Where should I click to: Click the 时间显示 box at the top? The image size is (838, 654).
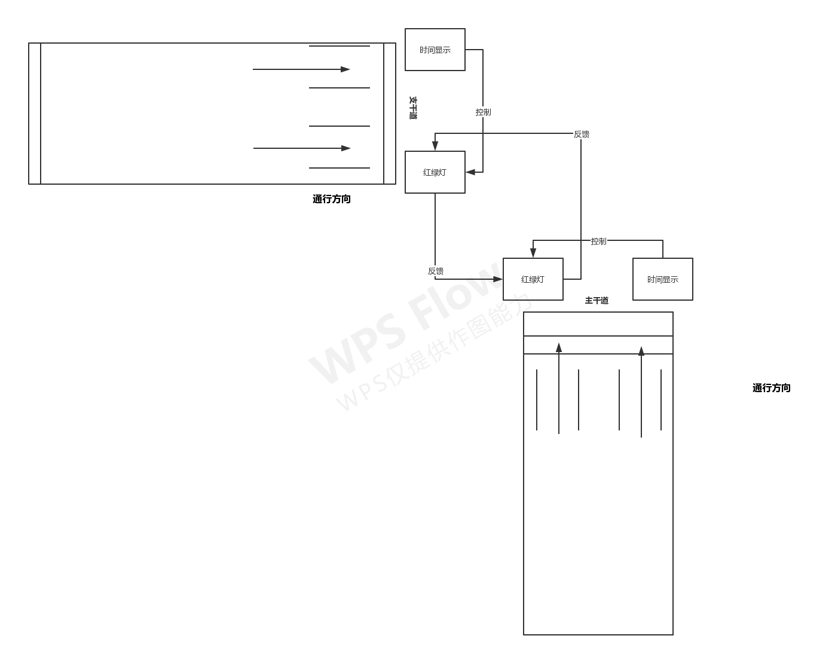pyautogui.click(x=435, y=50)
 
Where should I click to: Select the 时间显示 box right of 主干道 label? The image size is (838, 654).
pyautogui.click(x=662, y=279)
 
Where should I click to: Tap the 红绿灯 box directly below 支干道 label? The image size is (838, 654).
pyautogui.click(x=435, y=172)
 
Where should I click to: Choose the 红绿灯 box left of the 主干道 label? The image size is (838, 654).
pyautogui.click(x=533, y=279)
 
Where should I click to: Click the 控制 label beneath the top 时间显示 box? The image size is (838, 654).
pyautogui.click(x=483, y=112)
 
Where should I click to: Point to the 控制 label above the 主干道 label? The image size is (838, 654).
pyautogui.click(x=598, y=241)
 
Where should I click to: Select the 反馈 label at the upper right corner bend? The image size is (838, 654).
pyautogui.click(x=581, y=134)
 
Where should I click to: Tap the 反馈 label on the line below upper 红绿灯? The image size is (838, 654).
pyautogui.click(x=436, y=271)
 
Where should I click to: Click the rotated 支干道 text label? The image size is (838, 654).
pyautogui.click(x=412, y=108)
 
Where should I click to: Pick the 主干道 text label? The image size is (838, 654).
pyautogui.click(x=597, y=301)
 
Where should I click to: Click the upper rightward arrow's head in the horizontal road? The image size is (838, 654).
pyautogui.click(x=345, y=69)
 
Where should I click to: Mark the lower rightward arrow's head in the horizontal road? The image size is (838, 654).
pyautogui.click(x=346, y=148)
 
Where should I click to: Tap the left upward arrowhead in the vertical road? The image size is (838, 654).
pyautogui.click(x=559, y=347)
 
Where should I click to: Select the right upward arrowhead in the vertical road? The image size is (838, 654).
pyautogui.click(x=641, y=351)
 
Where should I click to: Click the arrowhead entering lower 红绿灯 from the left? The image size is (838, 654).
pyautogui.click(x=498, y=279)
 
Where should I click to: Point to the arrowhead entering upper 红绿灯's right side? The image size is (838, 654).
pyautogui.click(x=470, y=172)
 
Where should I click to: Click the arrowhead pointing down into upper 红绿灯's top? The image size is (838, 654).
pyautogui.click(x=435, y=146)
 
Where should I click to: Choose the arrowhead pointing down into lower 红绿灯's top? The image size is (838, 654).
pyautogui.click(x=533, y=253)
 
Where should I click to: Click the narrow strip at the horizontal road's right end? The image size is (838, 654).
pyautogui.click(x=390, y=114)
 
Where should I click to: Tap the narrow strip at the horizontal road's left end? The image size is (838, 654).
pyautogui.click(x=35, y=114)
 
